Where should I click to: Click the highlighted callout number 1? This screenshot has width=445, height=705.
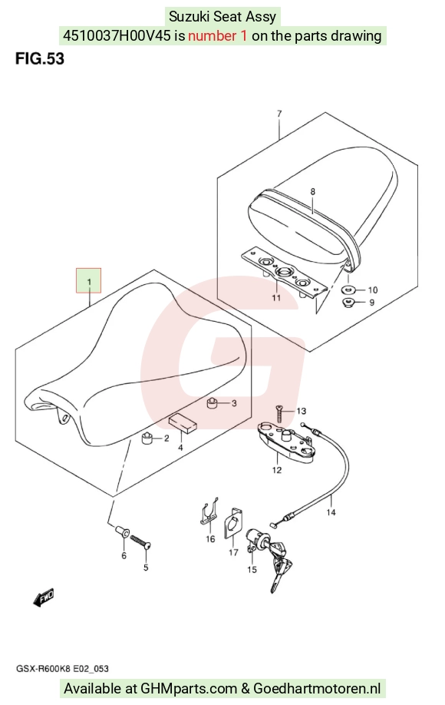tap(88, 281)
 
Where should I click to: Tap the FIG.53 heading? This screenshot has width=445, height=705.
tap(40, 58)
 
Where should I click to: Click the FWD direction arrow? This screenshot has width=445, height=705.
tap(44, 598)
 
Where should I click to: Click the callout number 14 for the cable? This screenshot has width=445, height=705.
tap(331, 512)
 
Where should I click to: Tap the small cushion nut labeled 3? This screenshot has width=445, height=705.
tap(212, 403)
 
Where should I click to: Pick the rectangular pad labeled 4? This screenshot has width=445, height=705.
tap(183, 423)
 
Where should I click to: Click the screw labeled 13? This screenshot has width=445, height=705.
tap(279, 413)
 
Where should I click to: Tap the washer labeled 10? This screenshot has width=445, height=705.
tap(349, 289)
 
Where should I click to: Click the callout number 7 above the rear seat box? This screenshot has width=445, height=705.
tap(279, 114)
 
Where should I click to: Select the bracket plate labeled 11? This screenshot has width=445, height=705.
tap(283, 272)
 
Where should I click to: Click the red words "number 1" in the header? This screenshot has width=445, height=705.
tap(217, 35)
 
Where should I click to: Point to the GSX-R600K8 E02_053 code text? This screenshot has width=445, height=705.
tap(62, 669)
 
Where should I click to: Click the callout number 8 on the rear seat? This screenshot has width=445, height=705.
tap(312, 192)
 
